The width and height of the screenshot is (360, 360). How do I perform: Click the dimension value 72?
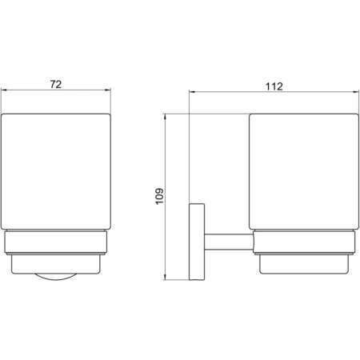[x=56, y=84]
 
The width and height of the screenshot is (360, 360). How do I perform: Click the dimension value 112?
[x=274, y=86]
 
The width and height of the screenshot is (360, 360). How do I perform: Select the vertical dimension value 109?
[x=159, y=197]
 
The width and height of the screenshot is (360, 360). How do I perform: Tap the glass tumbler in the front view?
[x=56, y=171]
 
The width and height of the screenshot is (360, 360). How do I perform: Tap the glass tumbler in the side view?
[x=304, y=171]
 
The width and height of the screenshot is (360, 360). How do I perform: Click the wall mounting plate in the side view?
[x=197, y=242]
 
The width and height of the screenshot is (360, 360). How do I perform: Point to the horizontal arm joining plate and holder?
[x=229, y=242]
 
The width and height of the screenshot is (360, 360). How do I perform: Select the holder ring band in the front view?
[x=56, y=242]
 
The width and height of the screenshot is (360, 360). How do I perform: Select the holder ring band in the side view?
[x=304, y=242]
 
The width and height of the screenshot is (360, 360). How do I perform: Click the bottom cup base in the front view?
[x=56, y=264]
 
